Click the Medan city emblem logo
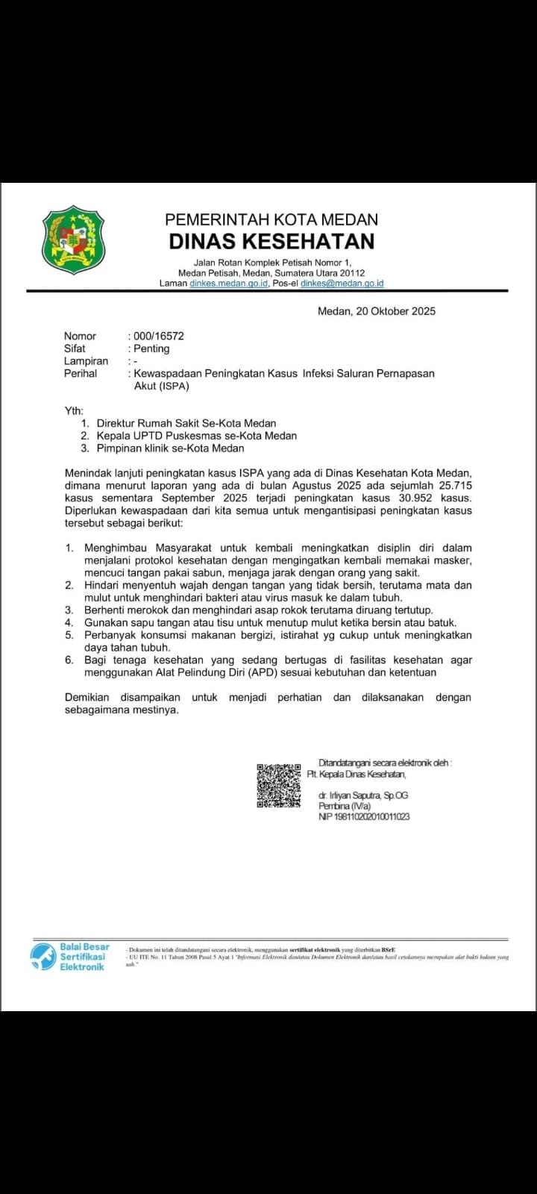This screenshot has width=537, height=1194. (x=73, y=240)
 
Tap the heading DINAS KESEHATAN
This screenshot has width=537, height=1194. (x=271, y=241)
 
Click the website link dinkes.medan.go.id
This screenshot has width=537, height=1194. (x=228, y=284)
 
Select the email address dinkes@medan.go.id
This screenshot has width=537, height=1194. (x=342, y=284)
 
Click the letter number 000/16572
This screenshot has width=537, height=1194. (x=159, y=336)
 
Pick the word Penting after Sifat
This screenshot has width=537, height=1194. (x=151, y=348)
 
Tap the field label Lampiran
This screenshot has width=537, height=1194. (x=86, y=361)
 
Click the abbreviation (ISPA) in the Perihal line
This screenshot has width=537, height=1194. (x=173, y=386)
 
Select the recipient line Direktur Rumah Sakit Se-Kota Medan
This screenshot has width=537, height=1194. (x=186, y=423)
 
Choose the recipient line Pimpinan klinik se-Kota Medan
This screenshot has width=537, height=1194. (x=170, y=448)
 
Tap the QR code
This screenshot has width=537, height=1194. (x=279, y=785)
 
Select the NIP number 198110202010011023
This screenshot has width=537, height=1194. (x=364, y=816)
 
